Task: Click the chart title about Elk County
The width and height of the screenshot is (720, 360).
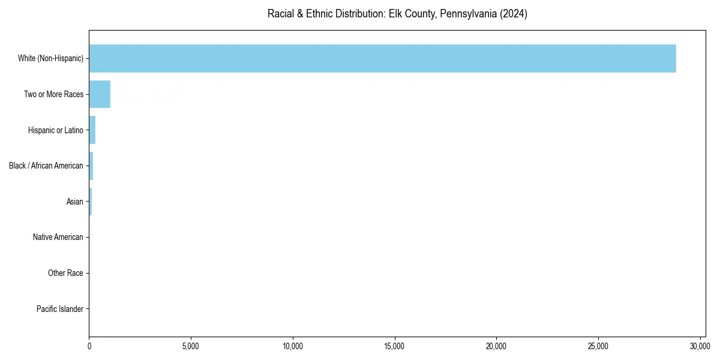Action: (x=397, y=14)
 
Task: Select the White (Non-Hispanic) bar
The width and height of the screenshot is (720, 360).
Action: (x=382, y=58)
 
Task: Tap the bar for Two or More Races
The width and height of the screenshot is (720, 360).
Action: (x=100, y=94)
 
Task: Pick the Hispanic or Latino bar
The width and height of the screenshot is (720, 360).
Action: (x=92, y=130)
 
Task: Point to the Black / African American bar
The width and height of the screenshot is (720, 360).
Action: (x=91, y=166)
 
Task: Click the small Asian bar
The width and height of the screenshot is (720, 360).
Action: (x=91, y=202)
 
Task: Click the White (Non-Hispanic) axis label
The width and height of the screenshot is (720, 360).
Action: (x=50, y=58)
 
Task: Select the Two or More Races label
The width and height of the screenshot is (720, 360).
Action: (x=53, y=94)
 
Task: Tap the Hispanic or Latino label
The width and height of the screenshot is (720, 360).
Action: (x=55, y=130)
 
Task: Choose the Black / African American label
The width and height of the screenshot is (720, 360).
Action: (x=46, y=166)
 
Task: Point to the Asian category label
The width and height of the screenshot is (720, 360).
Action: (x=75, y=202)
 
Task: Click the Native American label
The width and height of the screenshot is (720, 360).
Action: (x=58, y=237)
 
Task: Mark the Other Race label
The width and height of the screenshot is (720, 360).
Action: (x=65, y=273)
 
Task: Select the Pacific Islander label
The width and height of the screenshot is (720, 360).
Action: (x=60, y=309)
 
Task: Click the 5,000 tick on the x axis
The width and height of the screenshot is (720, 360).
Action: (x=191, y=346)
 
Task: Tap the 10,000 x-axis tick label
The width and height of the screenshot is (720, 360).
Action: (x=293, y=346)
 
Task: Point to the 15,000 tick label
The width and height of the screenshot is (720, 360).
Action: (x=395, y=346)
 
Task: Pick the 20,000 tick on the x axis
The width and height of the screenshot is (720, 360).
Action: (x=496, y=346)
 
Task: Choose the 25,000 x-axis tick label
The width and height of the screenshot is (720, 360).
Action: (x=598, y=346)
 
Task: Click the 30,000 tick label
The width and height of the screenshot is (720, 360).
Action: (x=700, y=346)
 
